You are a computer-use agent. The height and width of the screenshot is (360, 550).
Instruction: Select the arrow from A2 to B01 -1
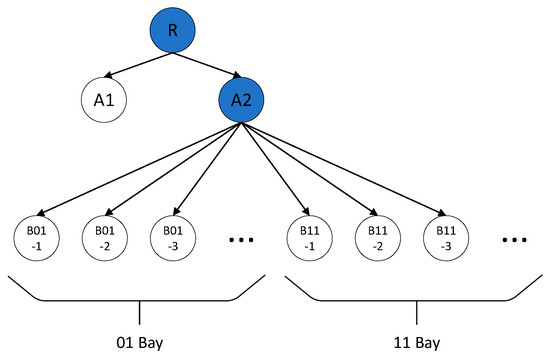140,165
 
